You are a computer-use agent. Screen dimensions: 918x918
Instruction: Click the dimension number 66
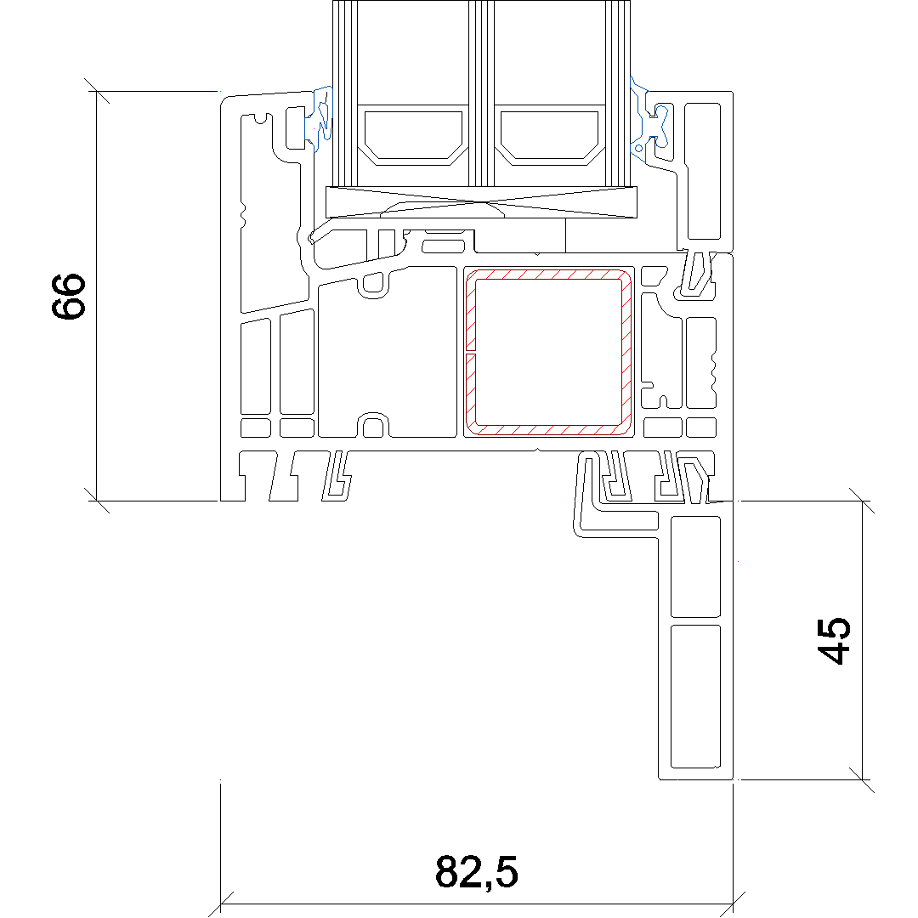point(69,297)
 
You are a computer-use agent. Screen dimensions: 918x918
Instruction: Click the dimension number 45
point(834,641)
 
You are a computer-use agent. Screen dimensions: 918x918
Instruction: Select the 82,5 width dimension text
point(477,872)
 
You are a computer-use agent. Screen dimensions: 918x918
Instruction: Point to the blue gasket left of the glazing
point(320,120)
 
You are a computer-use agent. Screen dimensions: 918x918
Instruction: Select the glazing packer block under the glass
point(481,202)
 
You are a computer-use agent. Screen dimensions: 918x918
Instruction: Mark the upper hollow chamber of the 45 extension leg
point(695,567)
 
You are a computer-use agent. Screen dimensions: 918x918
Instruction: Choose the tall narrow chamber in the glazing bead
point(703,171)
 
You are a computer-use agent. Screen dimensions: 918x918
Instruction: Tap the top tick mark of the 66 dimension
point(97,91)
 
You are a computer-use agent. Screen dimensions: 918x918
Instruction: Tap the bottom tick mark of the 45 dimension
point(863,779)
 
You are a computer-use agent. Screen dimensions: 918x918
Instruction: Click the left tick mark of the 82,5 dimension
point(221,904)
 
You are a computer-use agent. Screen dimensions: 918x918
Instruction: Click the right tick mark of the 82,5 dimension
point(733,904)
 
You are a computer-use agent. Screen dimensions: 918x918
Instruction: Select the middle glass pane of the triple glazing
point(482,93)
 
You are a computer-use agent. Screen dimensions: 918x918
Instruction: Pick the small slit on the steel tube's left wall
point(471,353)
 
